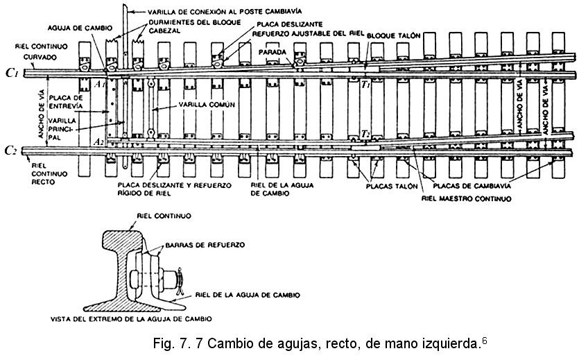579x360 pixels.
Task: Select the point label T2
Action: click(x=365, y=135)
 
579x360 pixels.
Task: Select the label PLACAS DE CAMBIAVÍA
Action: click(x=472, y=185)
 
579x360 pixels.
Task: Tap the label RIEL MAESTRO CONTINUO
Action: click(x=467, y=198)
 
